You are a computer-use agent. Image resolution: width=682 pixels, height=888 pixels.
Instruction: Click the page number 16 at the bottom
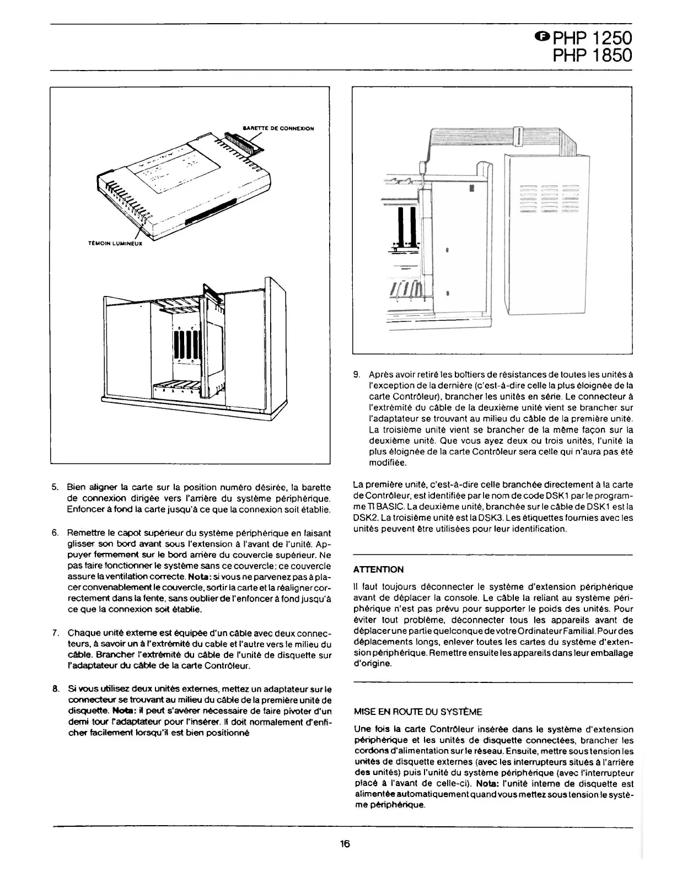(345, 843)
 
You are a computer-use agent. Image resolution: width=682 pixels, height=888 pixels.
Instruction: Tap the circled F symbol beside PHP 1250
(543, 36)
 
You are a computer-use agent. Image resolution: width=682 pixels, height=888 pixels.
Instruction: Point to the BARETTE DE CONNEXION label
(278, 128)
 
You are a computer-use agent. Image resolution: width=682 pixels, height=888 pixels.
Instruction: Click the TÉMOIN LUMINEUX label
(115, 243)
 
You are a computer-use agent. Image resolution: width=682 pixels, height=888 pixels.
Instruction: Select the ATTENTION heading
(378, 569)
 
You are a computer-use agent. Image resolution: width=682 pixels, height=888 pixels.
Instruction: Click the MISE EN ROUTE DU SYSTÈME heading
(417, 712)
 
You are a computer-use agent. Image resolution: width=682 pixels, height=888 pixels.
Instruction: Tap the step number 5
(55, 487)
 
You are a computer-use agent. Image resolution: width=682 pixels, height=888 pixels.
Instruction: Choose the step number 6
(55, 533)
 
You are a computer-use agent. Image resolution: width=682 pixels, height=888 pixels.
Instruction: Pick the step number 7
(55, 632)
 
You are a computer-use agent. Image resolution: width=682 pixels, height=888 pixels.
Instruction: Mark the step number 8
(55, 689)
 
